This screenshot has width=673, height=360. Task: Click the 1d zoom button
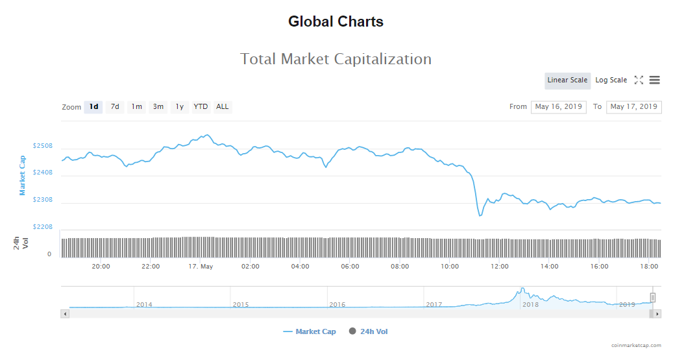(94, 107)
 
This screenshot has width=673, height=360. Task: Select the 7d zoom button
(115, 107)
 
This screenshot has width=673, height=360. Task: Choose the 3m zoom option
(158, 107)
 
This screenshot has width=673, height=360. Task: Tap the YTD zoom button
(201, 107)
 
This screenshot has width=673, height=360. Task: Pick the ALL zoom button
(223, 107)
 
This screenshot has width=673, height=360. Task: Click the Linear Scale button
(567, 80)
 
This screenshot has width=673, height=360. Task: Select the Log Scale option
(611, 80)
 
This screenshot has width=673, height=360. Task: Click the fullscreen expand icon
(639, 80)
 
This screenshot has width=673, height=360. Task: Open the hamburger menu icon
(654, 80)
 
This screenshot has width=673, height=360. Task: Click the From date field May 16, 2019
(558, 107)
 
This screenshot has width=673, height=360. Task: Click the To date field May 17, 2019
(633, 107)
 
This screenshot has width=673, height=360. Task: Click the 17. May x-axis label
(201, 267)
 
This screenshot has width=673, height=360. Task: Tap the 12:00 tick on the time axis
(500, 267)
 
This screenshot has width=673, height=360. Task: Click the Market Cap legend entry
(310, 331)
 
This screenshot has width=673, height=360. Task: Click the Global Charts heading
(336, 22)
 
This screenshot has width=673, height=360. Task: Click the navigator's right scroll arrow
(657, 314)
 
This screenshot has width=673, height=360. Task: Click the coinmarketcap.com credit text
(636, 346)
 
